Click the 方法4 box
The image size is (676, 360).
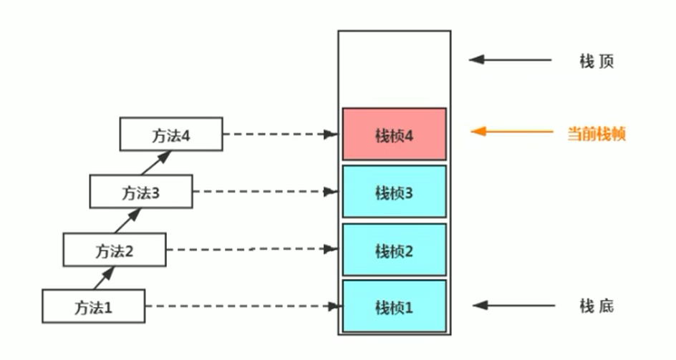[170, 134]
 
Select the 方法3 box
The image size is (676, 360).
[140, 191]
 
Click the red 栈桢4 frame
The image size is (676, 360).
[394, 134]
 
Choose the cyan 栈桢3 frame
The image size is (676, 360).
[394, 192]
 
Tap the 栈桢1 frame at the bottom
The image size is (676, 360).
[394, 306]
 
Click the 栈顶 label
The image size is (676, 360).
[597, 61]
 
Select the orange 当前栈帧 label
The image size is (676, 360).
[597, 133]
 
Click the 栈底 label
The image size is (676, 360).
[597, 306]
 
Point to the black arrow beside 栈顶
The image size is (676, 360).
[510, 60]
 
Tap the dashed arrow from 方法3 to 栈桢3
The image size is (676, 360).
[265, 192]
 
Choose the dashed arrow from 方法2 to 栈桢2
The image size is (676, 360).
[251, 249]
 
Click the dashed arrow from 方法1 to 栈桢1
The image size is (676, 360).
[241, 306]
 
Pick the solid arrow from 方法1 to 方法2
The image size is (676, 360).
[105, 277]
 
